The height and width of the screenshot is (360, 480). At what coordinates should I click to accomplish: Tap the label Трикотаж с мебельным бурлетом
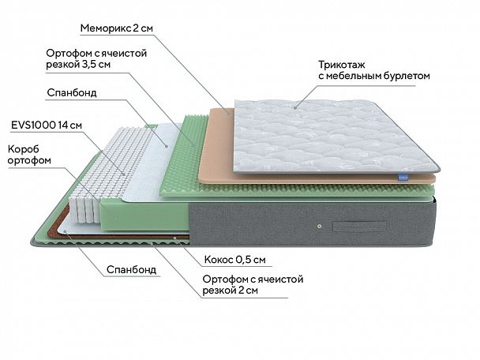(x=374, y=70)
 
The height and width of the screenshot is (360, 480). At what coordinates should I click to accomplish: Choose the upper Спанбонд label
(x=72, y=92)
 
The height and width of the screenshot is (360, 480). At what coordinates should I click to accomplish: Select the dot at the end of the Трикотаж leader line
(x=295, y=106)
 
